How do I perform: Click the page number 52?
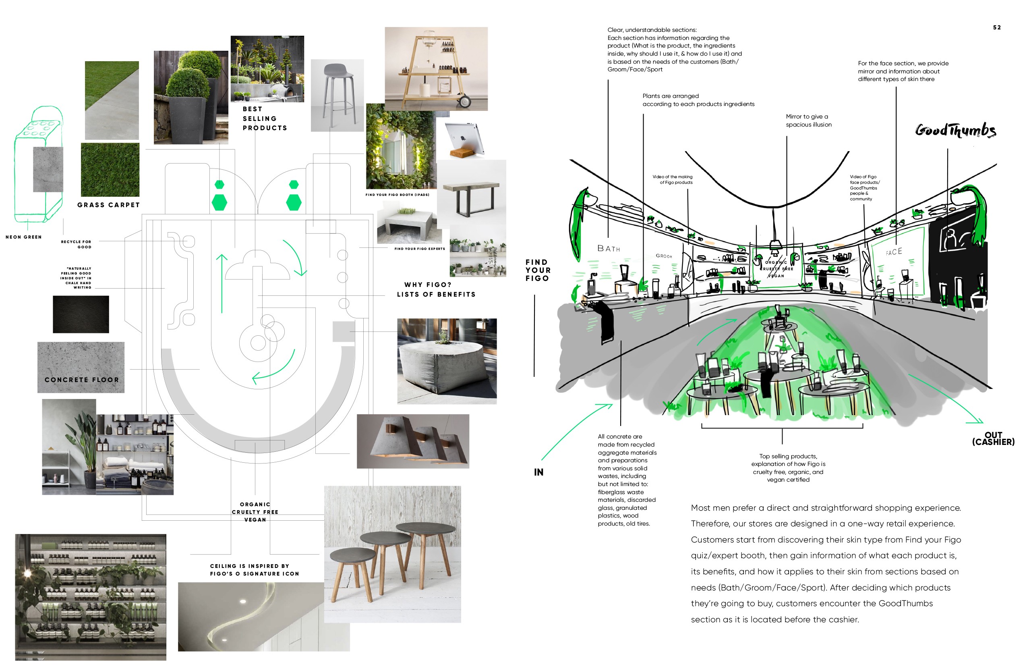click(996, 28)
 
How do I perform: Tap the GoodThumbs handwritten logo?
click(955, 130)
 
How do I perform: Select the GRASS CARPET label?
click(108, 205)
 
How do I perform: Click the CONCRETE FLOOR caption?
click(81, 380)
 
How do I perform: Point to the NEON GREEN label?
click(24, 237)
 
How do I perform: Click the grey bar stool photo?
click(337, 95)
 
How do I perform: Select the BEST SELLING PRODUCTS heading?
click(265, 118)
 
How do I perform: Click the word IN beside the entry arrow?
click(538, 472)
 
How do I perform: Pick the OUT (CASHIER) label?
click(993, 438)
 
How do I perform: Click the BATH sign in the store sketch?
click(609, 249)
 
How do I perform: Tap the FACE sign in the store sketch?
click(894, 252)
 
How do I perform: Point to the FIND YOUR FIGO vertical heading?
click(537, 270)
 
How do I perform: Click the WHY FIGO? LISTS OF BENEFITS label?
click(436, 290)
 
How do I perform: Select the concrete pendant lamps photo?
click(412, 441)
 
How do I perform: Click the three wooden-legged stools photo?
click(392, 554)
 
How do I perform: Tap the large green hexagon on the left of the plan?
click(219, 202)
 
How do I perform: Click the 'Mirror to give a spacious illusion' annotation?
click(808, 121)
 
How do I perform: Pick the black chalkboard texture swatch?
click(81, 314)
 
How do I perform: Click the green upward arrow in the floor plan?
click(222, 283)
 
